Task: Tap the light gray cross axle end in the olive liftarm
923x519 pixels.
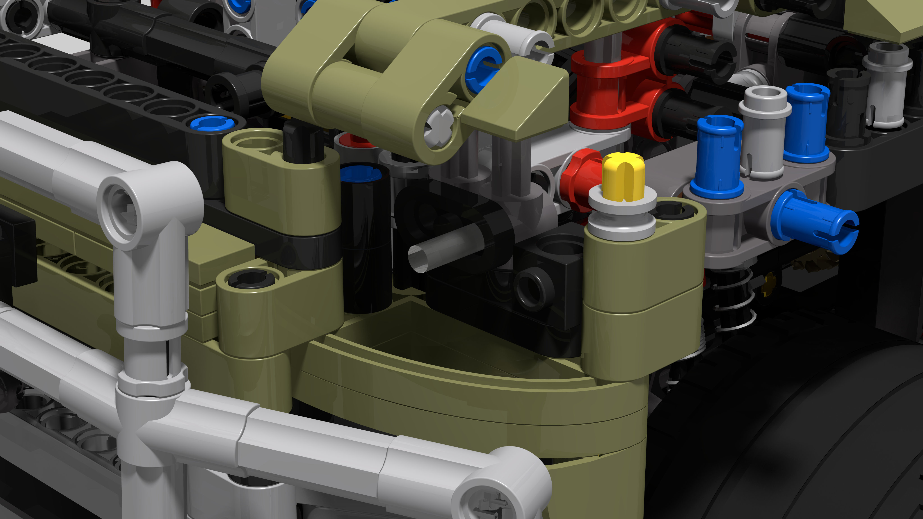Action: [x=439, y=127]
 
